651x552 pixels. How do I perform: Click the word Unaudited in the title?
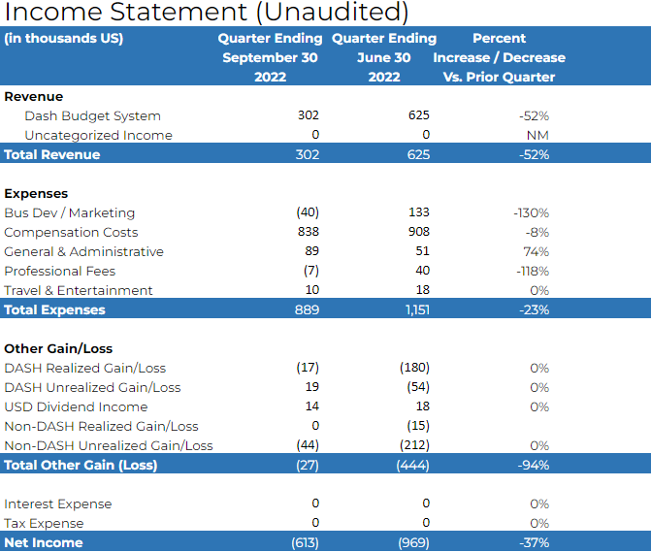coord(337,12)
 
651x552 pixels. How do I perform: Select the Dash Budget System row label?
coord(92,116)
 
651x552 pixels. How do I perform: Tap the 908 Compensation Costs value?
coord(418,232)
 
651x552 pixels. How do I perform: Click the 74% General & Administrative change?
coord(536,251)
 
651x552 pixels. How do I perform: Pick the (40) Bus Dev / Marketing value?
coord(308,212)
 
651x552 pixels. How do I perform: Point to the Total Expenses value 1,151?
coord(418,309)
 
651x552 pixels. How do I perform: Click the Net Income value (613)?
coord(306,542)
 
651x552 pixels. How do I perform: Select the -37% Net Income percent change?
coord(534,542)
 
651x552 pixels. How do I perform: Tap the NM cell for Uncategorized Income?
coord(537,135)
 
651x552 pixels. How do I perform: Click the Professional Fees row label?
coord(60,271)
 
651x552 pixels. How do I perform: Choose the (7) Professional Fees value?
coord(311,271)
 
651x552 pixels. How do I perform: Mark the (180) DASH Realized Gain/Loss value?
coord(414,368)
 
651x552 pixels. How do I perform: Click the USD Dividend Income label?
coord(76,406)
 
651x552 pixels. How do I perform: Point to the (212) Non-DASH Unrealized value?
coord(414,445)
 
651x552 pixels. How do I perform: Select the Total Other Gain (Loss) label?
coord(81,465)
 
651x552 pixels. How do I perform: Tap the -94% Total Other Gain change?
coord(534,465)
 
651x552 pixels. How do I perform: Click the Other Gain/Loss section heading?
coord(58,348)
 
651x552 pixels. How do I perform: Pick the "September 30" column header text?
coord(271,57)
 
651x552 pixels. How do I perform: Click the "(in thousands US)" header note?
coord(64,38)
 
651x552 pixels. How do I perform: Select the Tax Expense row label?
coord(44,523)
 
